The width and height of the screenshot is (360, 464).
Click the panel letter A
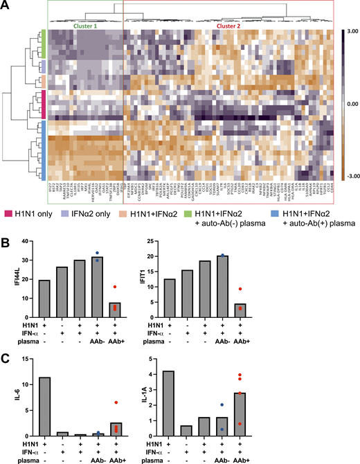[x=6, y=6]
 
